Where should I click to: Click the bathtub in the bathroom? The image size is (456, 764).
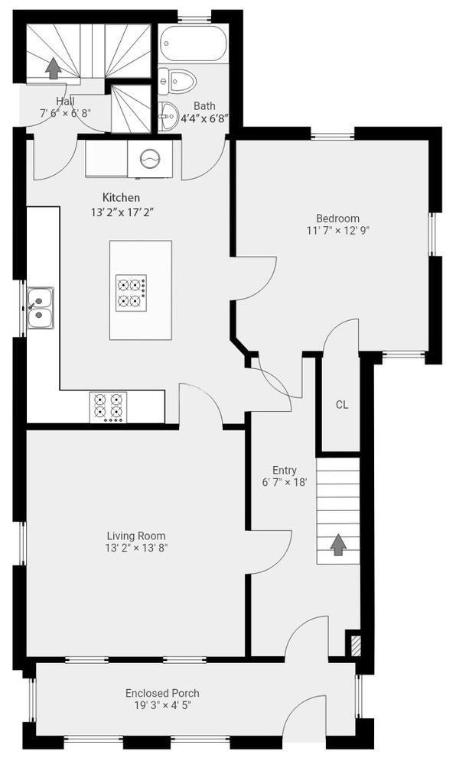(x=193, y=44)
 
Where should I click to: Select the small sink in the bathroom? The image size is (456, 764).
(x=168, y=116)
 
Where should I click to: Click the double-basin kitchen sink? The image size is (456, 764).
(x=41, y=308)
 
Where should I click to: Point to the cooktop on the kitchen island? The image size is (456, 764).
(x=131, y=293)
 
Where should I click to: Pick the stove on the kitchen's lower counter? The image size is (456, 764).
(x=109, y=407)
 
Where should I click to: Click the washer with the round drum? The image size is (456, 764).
(x=150, y=159)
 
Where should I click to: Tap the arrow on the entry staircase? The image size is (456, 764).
(x=337, y=545)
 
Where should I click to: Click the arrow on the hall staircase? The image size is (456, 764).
(x=53, y=68)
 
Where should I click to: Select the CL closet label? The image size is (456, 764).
(x=342, y=404)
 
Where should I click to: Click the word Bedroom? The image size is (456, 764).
(x=338, y=219)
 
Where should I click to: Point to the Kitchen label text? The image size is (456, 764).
(x=121, y=197)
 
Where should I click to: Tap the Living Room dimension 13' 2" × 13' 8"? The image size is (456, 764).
(x=136, y=548)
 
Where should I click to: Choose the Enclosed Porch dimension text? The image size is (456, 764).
(x=162, y=705)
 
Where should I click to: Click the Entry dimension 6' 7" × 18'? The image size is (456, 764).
(x=285, y=482)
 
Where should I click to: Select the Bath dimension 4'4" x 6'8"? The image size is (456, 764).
(x=205, y=118)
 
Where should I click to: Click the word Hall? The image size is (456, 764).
(x=65, y=102)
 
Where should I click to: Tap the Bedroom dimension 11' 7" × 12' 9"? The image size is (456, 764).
(x=338, y=231)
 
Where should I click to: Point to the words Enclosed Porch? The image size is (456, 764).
(x=162, y=693)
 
